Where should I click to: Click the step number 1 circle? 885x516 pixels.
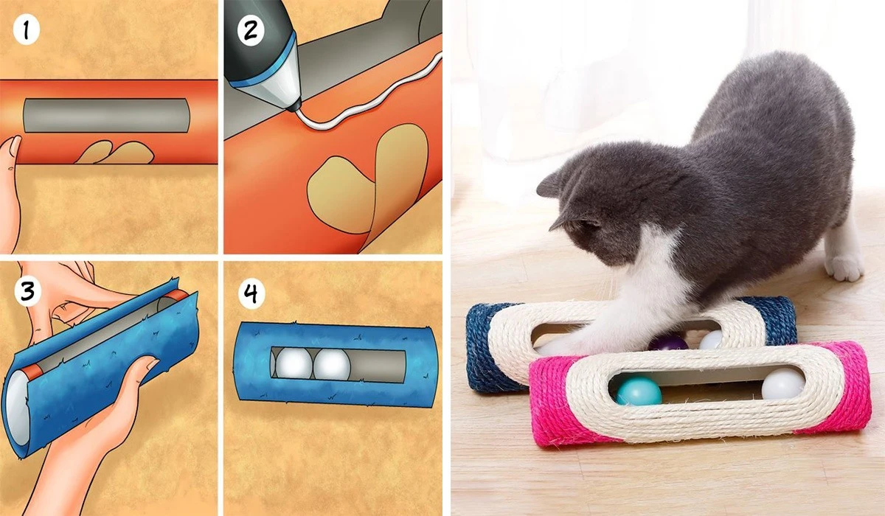click(x=26, y=31)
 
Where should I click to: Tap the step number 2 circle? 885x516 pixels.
click(x=251, y=31)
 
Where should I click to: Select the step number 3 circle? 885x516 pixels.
click(x=27, y=291)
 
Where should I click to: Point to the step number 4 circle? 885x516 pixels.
click(x=251, y=294)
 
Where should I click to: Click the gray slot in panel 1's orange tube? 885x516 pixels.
click(x=106, y=115)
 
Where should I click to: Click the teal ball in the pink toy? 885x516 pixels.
click(x=639, y=391)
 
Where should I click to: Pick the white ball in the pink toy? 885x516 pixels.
click(x=782, y=383)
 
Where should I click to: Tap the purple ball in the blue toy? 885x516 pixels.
click(x=668, y=343)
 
